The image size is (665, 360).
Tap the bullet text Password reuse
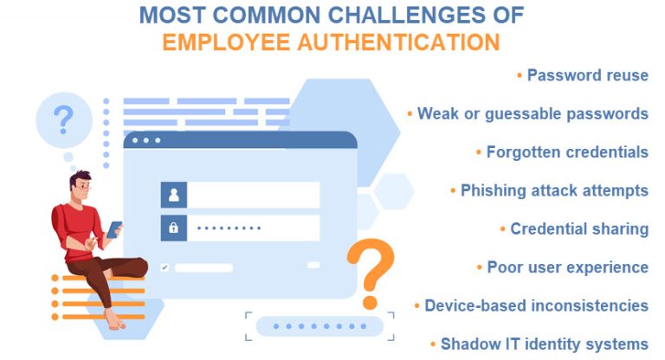click(588, 75)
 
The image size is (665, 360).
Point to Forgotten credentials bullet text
click(567, 151)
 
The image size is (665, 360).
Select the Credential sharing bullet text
click(579, 228)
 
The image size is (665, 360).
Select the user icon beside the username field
click(173, 195)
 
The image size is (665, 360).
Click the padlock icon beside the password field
click(173, 228)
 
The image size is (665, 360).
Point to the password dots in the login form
click(228, 228)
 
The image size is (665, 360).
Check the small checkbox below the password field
click(165, 267)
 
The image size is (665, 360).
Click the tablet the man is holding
click(114, 229)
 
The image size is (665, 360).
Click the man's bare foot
click(115, 322)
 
